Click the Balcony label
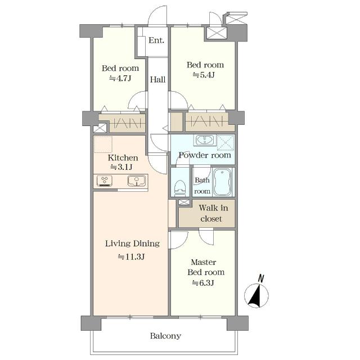[x=165, y=336]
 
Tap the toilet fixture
[x=180, y=188]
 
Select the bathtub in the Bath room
[x=223, y=182]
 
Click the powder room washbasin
[x=205, y=140]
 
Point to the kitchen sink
[x=137, y=181]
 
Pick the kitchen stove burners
[x=105, y=181]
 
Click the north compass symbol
[x=256, y=296]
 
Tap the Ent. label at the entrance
[x=156, y=40]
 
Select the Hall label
[x=157, y=80]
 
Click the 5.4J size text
[x=204, y=75]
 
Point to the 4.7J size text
[x=120, y=79]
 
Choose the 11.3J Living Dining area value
[x=131, y=256]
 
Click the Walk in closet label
[x=213, y=213]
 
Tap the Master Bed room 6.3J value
[x=203, y=283]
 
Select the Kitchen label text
[x=123, y=157]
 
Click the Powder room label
[x=205, y=155]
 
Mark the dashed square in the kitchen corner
[x=103, y=145]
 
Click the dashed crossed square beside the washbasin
[x=226, y=142]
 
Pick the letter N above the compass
[x=261, y=278]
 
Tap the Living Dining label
[x=133, y=244]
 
